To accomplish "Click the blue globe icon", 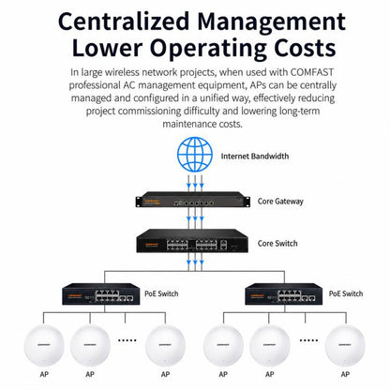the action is tap(195, 155).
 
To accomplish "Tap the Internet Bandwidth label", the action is tap(255, 156).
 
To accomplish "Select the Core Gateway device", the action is tap(193, 200).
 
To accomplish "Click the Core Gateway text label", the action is tap(280, 202).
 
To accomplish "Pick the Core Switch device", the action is tap(192, 241).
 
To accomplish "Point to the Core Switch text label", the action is tap(277, 243).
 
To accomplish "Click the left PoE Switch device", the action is tap(101, 293).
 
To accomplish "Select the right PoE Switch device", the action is tap(283, 293).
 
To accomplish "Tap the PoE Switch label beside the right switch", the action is tap(346, 293).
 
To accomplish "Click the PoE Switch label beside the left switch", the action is tap(161, 293).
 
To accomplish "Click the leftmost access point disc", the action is tap(44, 345).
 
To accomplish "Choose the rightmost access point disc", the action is tap(345, 345).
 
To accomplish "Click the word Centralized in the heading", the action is tap(124, 22).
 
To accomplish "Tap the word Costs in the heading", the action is tap(305, 48).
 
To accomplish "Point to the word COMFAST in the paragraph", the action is tap(312, 72).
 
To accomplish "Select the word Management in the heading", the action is tap(272, 22).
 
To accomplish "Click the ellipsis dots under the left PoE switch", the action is tap(127, 340).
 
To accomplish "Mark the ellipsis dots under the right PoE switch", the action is tap(308, 340).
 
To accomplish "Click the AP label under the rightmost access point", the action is tap(345, 374).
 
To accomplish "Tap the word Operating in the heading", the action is tap(208, 50).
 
